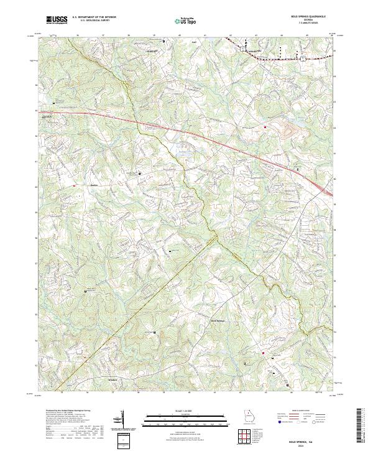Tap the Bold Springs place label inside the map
[x=216, y=321]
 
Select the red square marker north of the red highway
[x=265, y=128]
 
